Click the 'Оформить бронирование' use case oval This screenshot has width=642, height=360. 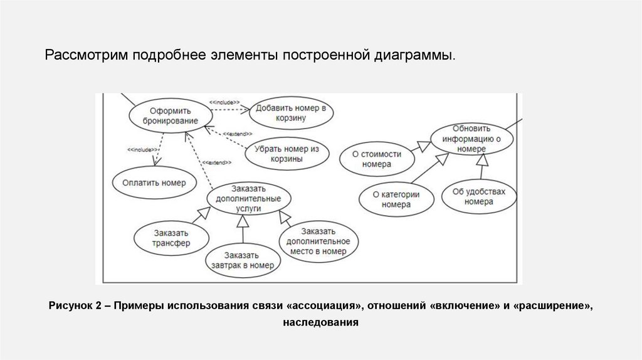click(x=169, y=115)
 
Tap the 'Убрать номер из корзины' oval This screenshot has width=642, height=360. click(x=287, y=154)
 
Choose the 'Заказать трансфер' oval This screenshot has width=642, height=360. click(x=171, y=238)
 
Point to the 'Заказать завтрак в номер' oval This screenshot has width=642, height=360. click(x=243, y=260)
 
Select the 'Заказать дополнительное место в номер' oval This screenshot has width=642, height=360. click(x=318, y=241)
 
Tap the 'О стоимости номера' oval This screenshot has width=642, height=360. click(x=377, y=159)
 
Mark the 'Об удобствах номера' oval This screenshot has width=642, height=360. click(x=479, y=197)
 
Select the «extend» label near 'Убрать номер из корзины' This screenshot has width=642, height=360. click(x=238, y=134)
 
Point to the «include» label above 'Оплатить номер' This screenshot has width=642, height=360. click(x=141, y=150)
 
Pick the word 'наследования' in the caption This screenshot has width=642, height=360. click(x=320, y=323)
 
